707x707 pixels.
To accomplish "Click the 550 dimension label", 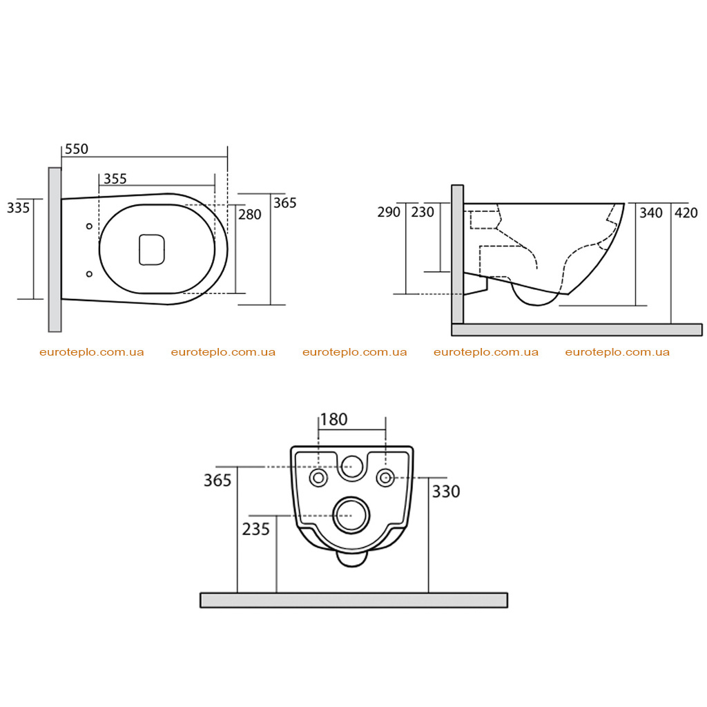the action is tap(77, 149).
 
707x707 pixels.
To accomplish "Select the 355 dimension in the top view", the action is tap(115, 179).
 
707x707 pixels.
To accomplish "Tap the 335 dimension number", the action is tap(19, 208).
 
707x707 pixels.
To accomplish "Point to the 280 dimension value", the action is tap(250, 214).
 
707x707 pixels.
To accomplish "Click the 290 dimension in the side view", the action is tap(389, 212).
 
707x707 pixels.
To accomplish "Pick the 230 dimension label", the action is tap(423, 212).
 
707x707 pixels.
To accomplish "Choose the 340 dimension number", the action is tap(651, 213).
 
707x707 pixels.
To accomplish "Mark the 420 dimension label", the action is tap(686, 213).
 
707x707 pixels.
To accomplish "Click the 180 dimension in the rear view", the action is tap(333, 419).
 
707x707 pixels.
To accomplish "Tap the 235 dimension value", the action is tap(255, 529).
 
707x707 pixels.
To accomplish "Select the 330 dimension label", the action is tap(446, 492).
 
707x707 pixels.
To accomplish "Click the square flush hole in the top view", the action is tap(152, 249).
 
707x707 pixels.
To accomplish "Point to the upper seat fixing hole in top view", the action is tap(89, 226).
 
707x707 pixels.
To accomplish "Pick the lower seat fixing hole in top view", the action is tap(89, 273).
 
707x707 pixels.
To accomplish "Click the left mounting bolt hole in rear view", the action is tap(318, 478).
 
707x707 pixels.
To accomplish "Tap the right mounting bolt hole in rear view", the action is tap(385, 478).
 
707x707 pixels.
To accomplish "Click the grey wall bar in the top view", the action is tap(55, 250).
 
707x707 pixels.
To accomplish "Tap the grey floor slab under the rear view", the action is tap(354, 600).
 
